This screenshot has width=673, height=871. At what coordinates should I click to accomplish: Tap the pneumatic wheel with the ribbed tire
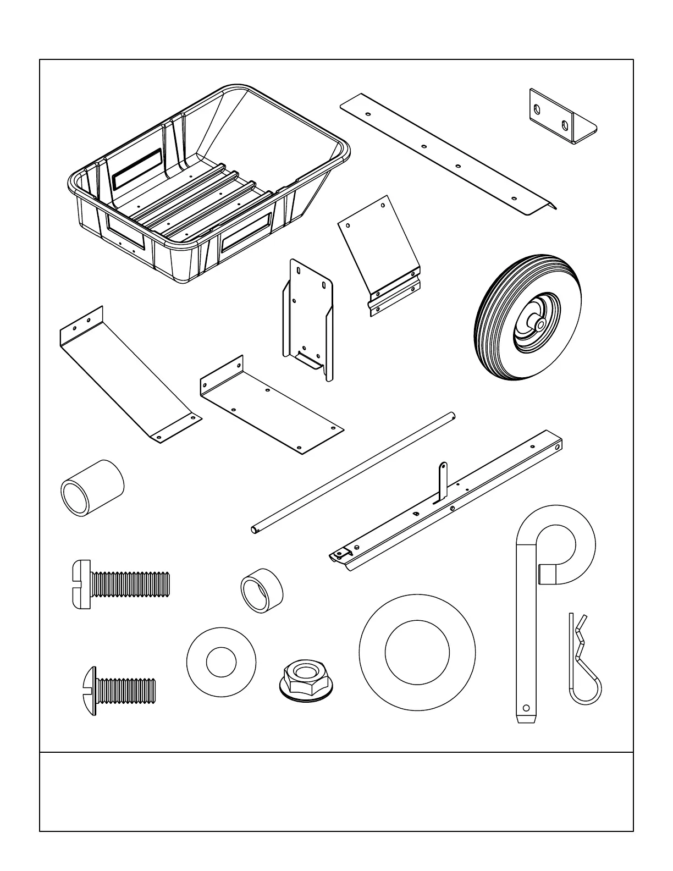click(528, 316)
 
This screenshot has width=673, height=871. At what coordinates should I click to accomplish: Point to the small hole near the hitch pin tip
click(526, 707)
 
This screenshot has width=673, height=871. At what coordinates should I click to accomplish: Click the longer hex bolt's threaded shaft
click(129, 584)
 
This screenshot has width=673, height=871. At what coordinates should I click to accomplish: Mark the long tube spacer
click(92, 487)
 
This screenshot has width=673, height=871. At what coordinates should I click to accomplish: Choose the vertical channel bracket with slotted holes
click(308, 319)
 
